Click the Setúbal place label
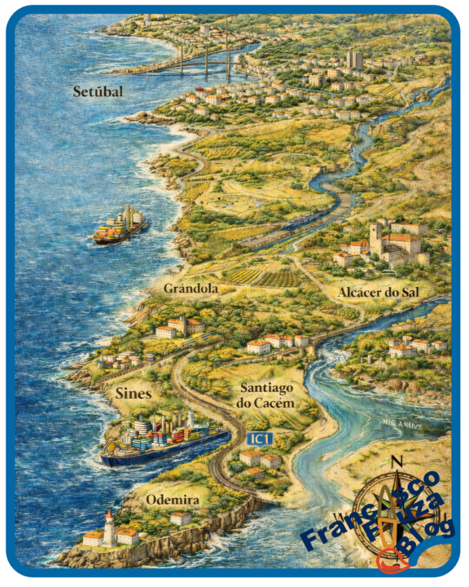coord(97,91)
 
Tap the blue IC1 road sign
coord(260,439)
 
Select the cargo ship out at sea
coord(119,226)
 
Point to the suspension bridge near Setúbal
coord(204,59)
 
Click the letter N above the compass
coord(397,462)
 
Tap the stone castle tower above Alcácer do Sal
coord(375,239)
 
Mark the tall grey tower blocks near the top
coord(354,59)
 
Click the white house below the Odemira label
coord(180,519)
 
